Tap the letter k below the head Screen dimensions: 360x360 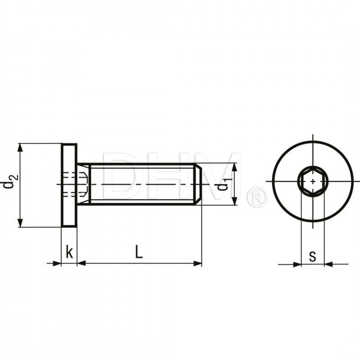69,252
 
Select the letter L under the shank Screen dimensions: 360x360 139,252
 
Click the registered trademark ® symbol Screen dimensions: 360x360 257,197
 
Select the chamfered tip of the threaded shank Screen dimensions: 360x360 198,184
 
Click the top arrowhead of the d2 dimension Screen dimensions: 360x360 20,148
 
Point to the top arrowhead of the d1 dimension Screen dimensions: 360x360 234,167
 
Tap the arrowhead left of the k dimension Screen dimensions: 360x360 57,263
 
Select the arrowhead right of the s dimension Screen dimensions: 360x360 328,264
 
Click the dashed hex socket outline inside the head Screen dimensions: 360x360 72,184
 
